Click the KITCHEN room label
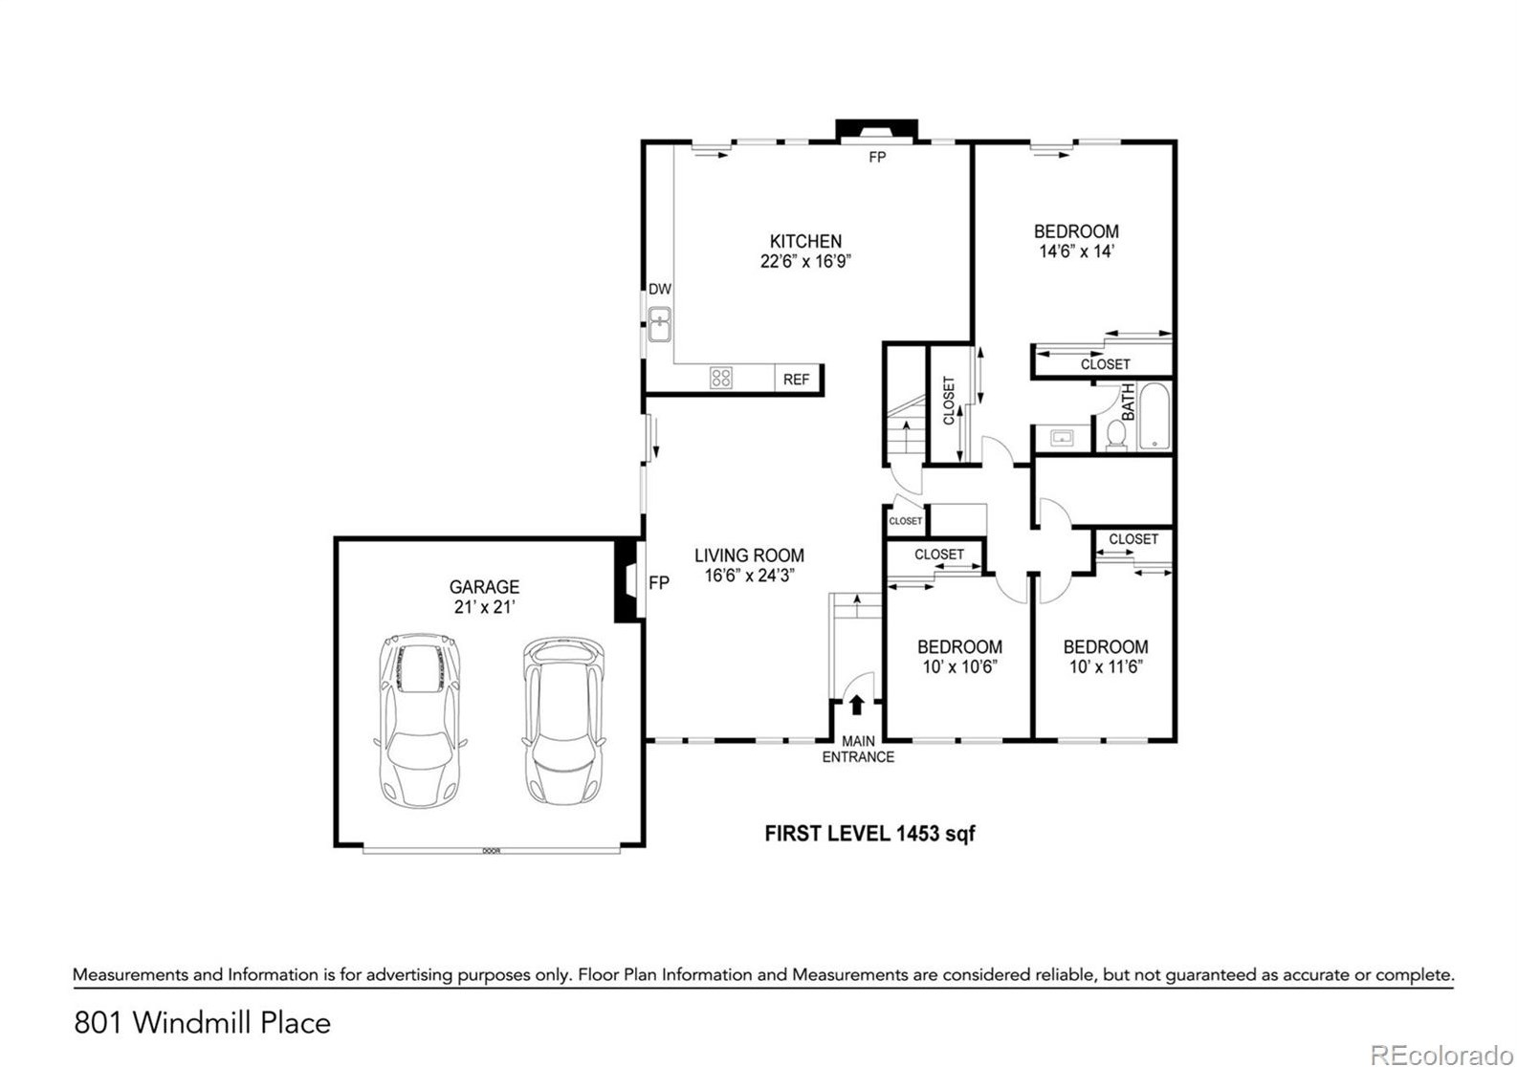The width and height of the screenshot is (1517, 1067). click(x=805, y=241)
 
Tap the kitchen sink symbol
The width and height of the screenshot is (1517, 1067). click(x=660, y=324)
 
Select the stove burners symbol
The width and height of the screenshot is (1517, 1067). click(x=720, y=377)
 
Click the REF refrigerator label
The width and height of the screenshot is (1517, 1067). click(x=796, y=380)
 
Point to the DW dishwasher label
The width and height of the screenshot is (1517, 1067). click(x=660, y=289)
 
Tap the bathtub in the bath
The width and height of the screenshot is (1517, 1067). click(x=1154, y=417)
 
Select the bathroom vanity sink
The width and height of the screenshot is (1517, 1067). click(x=1061, y=438)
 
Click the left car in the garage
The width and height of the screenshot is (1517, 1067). click(x=420, y=720)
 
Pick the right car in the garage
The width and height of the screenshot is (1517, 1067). click(x=563, y=720)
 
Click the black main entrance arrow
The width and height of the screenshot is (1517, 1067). click(x=857, y=705)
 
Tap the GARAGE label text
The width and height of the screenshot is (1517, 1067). click(x=484, y=586)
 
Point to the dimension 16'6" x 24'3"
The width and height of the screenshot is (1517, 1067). click(x=749, y=576)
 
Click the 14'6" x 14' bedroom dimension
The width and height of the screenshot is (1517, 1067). click(x=1077, y=251)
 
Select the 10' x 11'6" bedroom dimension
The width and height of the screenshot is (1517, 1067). click(x=1106, y=667)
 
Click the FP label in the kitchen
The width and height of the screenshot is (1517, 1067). click(x=877, y=157)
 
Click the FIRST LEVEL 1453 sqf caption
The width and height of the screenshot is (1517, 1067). click(x=869, y=834)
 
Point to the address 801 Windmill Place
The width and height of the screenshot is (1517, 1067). click(x=203, y=1022)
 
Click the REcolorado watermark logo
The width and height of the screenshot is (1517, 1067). click(x=1441, y=1055)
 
